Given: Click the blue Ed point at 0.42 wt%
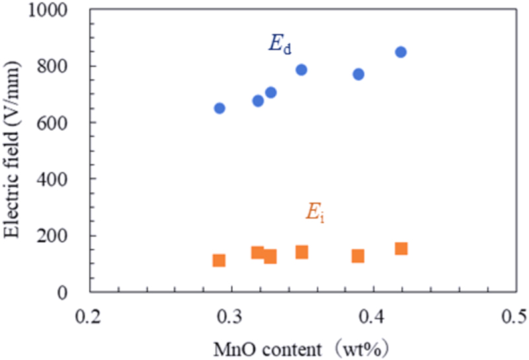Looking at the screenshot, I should pyautogui.click(x=401, y=52).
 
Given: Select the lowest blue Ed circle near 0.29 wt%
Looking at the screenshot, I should pyautogui.click(x=220, y=108).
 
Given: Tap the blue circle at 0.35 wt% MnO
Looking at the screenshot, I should pyautogui.click(x=302, y=69).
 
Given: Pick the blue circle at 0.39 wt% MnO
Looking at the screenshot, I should pyautogui.click(x=358, y=74).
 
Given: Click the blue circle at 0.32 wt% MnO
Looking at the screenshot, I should pyautogui.click(x=258, y=101).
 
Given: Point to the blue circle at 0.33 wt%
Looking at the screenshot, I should pyautogui.click(x=270, y=92).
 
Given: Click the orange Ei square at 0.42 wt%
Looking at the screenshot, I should pyautogui.click(x=401, y=248).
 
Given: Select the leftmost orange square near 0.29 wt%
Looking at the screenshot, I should pyautogui.click(x=219, y=260).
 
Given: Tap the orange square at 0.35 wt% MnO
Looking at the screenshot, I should pyautogui.click(x=302, y=251).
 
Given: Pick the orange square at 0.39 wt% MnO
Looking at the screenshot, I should pyautogui.click(x=358, y=255).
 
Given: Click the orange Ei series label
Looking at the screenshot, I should pyautogui.click(x=313, y=212).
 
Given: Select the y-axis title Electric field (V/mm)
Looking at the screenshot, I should pyautogui.click(x=14, y=151).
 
